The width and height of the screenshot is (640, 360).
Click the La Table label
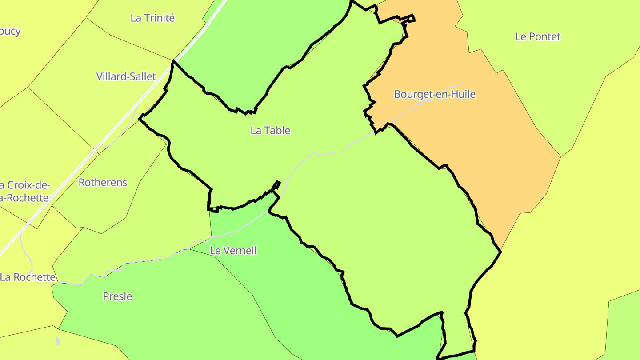coord(270,130)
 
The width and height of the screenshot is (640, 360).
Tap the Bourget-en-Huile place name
coord(435,94)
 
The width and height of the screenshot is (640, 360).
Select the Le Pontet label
coord(538,36)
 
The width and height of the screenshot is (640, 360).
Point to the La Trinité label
coord(152,18)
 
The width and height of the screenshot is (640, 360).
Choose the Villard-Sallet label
coord(126,76)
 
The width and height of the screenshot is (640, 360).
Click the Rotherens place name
coord(103,182)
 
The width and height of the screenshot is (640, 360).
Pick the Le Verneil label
coord(233,251)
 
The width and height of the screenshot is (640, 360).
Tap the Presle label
coord(117,296)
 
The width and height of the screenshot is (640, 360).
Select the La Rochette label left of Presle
coord(28,277)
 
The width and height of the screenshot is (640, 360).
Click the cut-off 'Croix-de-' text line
coord(25,185)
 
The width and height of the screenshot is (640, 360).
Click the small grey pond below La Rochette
coord(58,341)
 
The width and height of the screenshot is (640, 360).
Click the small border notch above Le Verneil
coord(276,185)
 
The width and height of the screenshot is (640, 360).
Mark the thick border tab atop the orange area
coord(408,19)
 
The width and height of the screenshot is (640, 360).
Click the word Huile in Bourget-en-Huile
coord(464,94)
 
